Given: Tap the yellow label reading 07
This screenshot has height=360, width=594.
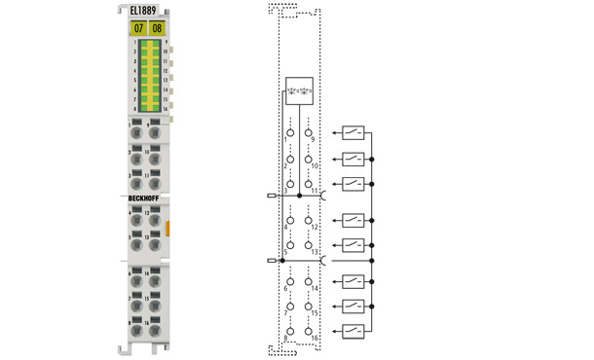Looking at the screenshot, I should [138, 28].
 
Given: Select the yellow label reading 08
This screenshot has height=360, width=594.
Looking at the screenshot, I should [158, 28].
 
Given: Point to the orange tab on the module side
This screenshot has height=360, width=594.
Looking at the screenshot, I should [168, 228].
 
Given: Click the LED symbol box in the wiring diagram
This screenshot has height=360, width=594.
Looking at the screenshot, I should [300, 90].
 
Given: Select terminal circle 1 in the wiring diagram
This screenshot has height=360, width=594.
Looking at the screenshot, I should [290, 132].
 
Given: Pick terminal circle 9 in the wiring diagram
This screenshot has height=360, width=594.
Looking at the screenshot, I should [309, 132].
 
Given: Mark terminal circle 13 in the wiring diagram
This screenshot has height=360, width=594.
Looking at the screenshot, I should [309, 245].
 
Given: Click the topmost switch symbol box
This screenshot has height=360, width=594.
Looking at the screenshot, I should [353, 133].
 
